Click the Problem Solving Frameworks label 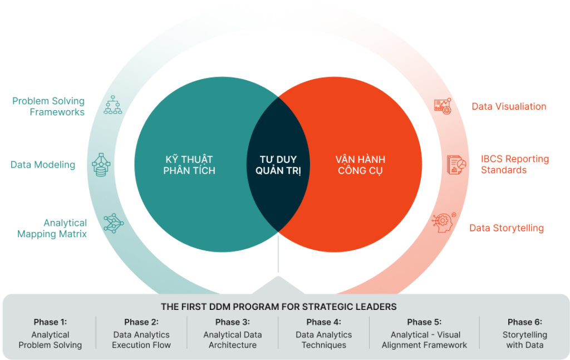(48, 106)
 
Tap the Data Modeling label (43, 165)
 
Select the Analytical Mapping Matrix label (52, 229)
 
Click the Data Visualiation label (509, 106)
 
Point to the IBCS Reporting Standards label (514, 164)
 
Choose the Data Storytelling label (507, 228)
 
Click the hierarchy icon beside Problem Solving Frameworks (112, 105)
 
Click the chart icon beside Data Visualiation (443, 106)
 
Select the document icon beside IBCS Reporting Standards (456, 164)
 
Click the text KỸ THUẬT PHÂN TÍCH (189, 165)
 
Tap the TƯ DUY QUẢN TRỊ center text (278, 165)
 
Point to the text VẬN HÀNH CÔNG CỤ (361, 165)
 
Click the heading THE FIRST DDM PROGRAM (278, 307)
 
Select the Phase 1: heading (50, 322)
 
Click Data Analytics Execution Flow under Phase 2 (141, 340)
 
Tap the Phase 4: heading (323, 322)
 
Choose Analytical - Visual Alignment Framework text (424, 340)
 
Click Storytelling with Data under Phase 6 (524, 340)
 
